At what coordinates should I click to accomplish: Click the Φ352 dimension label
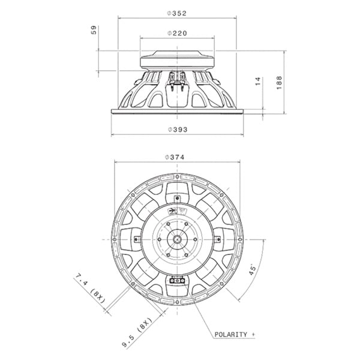tap(177, 14)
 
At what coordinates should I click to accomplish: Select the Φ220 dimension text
tap(177, 34)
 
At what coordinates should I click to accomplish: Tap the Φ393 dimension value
tap(178, 130)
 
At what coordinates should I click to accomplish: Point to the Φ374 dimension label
tap(175, 157)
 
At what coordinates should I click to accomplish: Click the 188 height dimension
tap(279, 83)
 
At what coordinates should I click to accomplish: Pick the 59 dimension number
tap(94, 30)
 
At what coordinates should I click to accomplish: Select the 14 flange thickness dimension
tap(258, 82)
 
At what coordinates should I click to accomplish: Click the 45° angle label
tap(252, 270)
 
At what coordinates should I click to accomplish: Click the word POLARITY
tap(231, 335)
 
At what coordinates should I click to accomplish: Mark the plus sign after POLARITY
tap(253, 335)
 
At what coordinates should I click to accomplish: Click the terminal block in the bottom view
tap(177, 281)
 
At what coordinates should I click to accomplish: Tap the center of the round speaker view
tap(177, 239)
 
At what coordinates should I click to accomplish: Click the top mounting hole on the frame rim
tap(177, 176)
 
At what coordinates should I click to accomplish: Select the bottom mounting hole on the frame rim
tap(177, 302)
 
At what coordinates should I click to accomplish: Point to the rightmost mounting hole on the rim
tap(240, 239)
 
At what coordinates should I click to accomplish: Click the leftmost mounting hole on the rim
tap(115, 239)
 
